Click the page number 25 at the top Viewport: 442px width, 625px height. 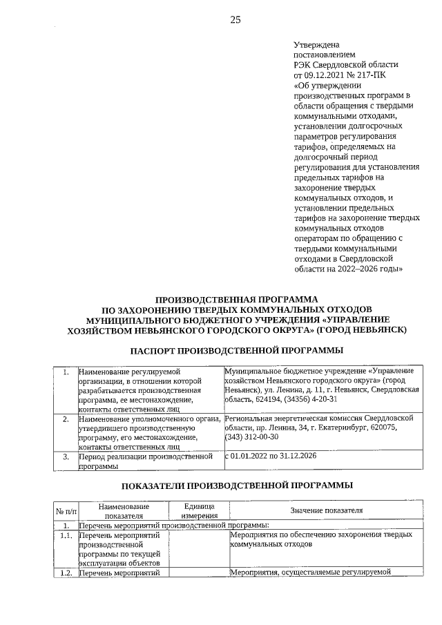point(236,20)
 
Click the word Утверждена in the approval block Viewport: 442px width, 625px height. point(316,44)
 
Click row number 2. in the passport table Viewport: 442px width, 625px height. point(65,419)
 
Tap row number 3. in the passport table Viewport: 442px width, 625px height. point(65,456)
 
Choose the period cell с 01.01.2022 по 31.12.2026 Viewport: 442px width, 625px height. point(273,456)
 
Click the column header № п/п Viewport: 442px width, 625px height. point(64,511)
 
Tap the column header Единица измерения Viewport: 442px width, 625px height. point(200,511)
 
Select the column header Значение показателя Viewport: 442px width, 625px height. point(326,511)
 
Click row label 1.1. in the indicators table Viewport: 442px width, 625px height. point(66,535)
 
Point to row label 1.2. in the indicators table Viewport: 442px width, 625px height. point(66,572)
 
